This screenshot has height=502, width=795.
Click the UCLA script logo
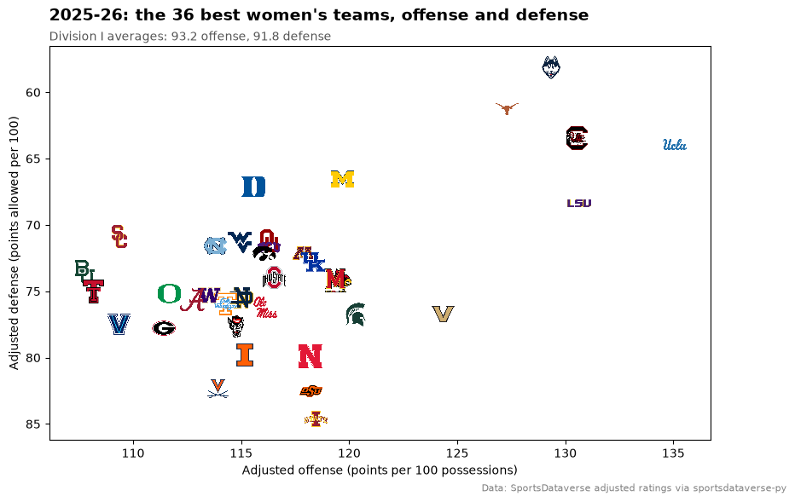click(675, 145)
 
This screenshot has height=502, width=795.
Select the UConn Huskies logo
click(551, 67)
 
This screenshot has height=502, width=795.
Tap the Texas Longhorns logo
click(507, 108)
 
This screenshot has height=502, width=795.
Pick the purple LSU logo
click(579, 203)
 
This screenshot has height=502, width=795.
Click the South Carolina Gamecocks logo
click(577, 138)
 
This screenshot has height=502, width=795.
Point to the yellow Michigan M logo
click(342, 179)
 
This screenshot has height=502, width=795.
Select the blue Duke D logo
click(253, 187)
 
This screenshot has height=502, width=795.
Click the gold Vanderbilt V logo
click(443, 314)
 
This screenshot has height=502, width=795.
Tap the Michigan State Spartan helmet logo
click(356, 314)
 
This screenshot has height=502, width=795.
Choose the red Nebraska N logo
click(310, 356)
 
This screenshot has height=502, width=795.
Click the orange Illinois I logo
click(245, 355)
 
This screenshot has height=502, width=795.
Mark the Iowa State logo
click(316, 419)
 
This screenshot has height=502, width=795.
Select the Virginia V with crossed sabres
click(218, 388)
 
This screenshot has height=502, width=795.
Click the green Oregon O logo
click(170, 293)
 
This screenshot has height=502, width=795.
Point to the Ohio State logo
click(275, 278)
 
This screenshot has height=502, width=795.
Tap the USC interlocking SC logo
click(119, 237)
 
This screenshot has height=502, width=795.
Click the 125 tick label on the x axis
click(457, 453)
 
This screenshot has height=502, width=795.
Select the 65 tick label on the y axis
click(33, 159)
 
